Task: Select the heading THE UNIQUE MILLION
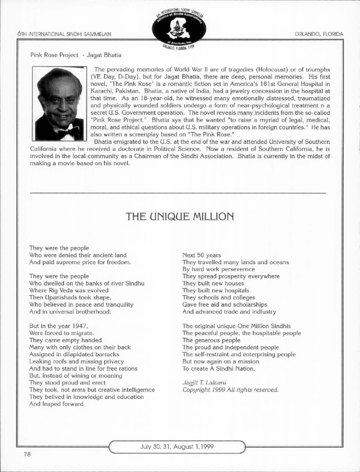pos(180,216)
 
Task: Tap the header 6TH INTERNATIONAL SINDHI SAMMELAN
pos(63,34)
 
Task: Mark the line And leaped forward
pos(56,404)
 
